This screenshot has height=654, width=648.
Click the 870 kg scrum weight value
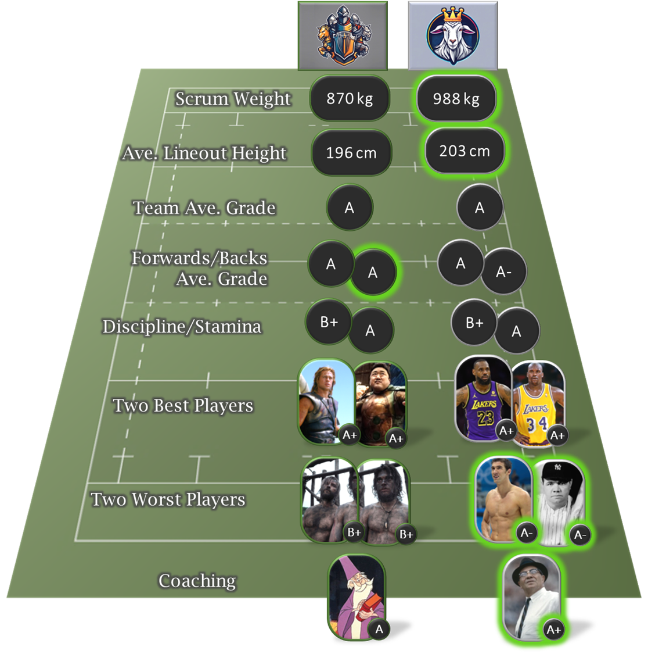pos(349,98)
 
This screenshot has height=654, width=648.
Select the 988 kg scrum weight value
pos(456,98)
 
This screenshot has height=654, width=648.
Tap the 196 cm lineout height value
pos(351,153)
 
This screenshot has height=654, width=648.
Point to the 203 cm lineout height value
pos(464,151)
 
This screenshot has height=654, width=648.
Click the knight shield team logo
pos(342,36)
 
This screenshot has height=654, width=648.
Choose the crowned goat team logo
pos(452,36)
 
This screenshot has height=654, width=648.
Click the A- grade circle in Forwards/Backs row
pos(503,271)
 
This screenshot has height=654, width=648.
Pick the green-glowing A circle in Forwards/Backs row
pos(373,272)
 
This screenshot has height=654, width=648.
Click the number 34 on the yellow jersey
pos(537,423)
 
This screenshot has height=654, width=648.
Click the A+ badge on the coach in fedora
pos(553,630)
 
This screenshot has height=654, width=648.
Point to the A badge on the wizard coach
pos(379,629)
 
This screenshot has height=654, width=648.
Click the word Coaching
pos(197,581)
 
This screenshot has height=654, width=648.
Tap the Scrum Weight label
pos(233,99)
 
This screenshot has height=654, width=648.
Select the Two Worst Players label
pos(168,499)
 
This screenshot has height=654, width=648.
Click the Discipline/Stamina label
pos(182,327)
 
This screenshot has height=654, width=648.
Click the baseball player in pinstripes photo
pos(556,500)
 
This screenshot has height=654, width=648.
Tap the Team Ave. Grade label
pos(204,208)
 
